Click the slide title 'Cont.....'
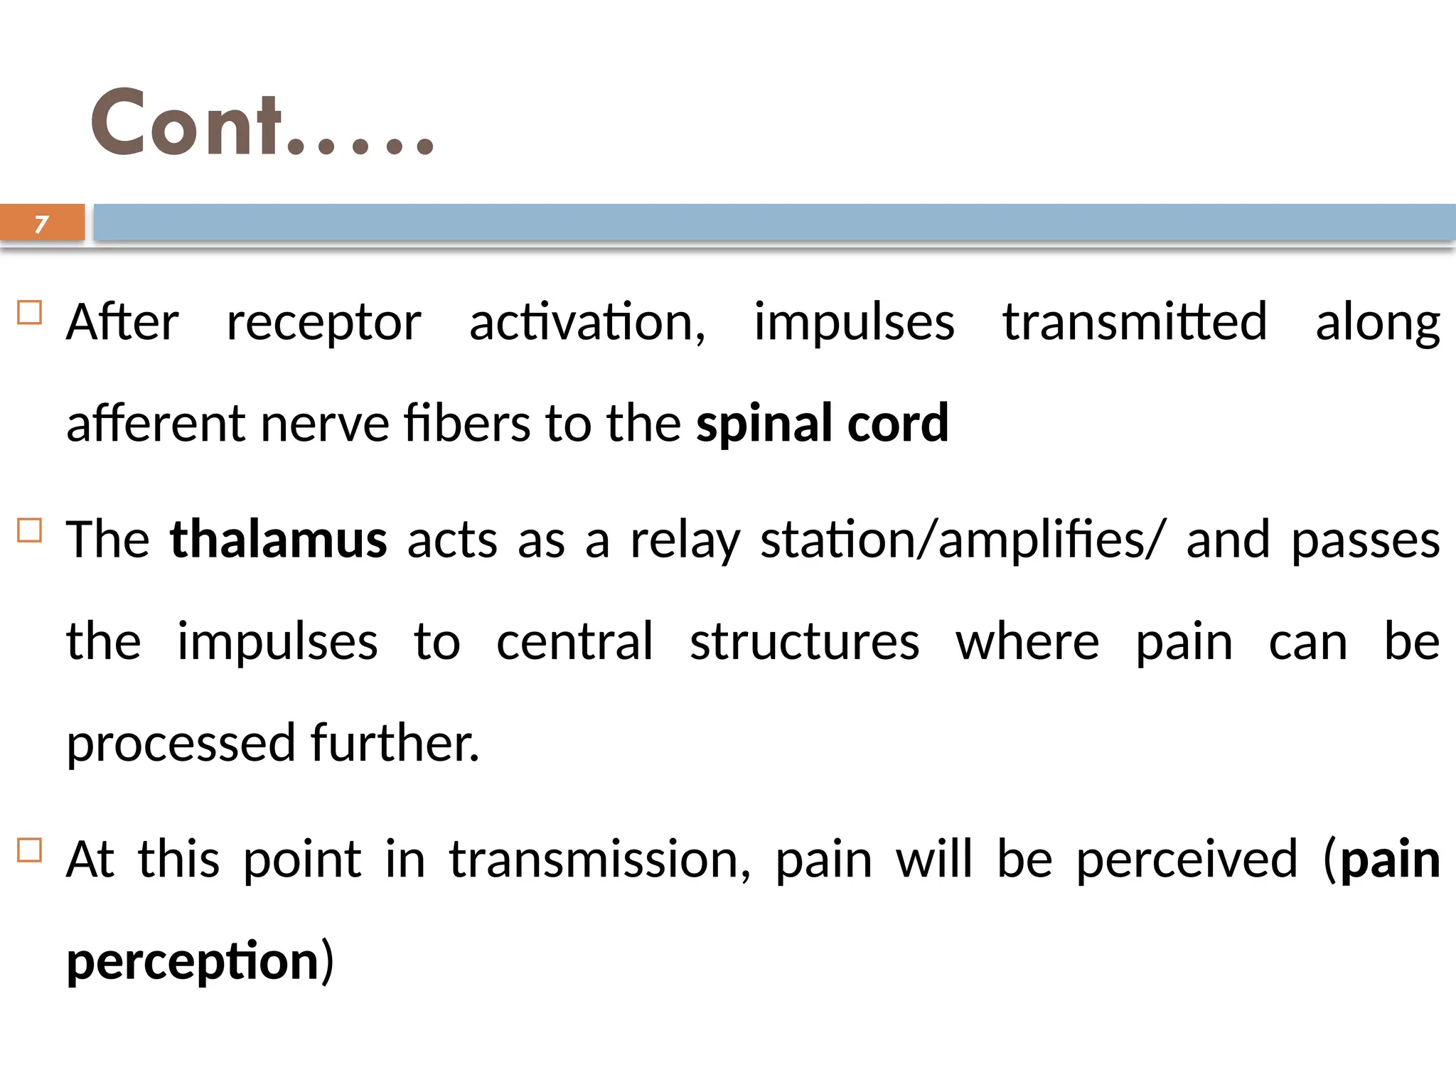pyautogui.click(x=262, y=123)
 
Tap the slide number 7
pyautogui.click(x=42, y=224)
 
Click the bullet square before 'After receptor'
pyautogui.click(x=30, y=313)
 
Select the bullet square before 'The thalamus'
pyautogui.click(x=30, y=530)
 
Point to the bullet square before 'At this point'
pyautogui.click(x=30, y=850)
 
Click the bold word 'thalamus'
pyautogui.click(x=278, y=540)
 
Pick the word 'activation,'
pyautogui.click(x=587, y=323)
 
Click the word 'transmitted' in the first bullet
pyautogui.click(x=1135, y=321)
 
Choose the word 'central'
pyautogui.click(x=574, y=642)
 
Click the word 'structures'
pyautogui.click(x=804, y=642)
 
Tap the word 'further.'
pyautogui.click(x=395, y=743)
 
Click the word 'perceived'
pyautogui.click(x=1187, y=860)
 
